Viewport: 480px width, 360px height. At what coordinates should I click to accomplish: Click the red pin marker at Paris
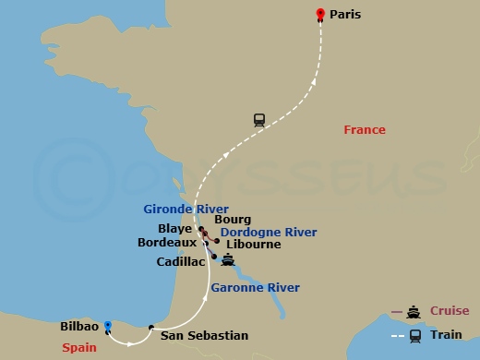320,14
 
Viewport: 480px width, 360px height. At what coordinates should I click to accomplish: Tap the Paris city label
345,15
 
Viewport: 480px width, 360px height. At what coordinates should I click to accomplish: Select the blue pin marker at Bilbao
108,326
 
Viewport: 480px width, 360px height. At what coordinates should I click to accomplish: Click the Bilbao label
79,327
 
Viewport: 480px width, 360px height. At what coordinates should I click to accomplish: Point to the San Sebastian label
204,335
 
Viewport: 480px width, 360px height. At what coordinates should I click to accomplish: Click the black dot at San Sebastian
150,326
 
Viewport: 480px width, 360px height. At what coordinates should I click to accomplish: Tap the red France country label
364,130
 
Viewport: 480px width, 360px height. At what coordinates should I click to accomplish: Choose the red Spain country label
80,347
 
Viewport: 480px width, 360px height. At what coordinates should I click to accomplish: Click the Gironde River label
186,210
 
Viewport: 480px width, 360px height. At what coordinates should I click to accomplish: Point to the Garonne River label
255,288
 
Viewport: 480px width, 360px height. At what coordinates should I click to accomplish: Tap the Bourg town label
226,220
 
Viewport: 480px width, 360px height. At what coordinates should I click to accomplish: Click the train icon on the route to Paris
259,119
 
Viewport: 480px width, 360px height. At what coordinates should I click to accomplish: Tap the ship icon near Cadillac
227,260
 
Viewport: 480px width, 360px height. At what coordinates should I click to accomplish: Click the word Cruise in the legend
449,311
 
